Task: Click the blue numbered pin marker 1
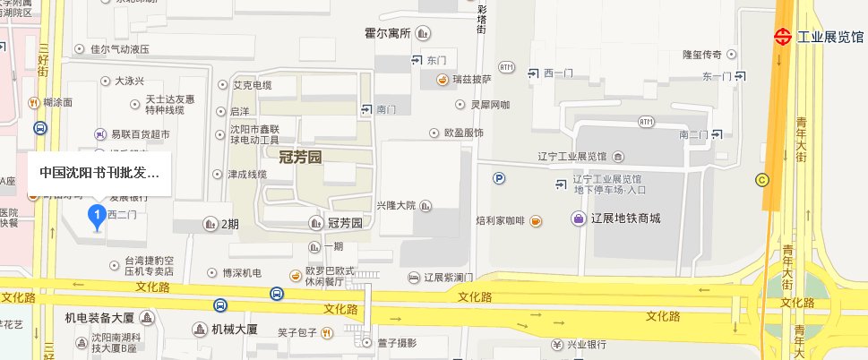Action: tap(95, 215)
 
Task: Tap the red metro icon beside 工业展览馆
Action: tap(783, 37)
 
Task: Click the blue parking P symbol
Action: tap(499, 178)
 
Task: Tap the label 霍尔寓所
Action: tap(387, 34)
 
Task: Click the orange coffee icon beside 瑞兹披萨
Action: tap(443, 80)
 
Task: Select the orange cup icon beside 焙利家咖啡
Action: tap(535, 219)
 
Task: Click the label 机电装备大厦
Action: tap(99, 318)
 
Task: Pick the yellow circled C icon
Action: tap(762, 178)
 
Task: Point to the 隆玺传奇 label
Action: tap(703, 56)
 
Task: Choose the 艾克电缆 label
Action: tap(252, 86)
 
